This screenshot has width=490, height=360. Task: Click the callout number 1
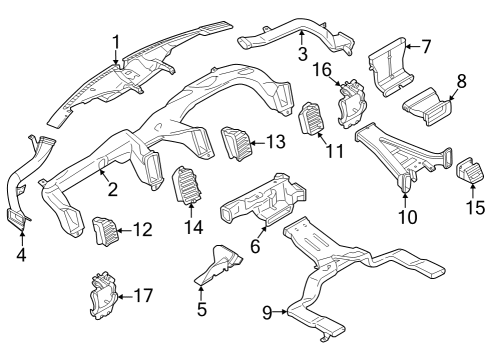(116, 41)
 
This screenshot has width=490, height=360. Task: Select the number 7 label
(425, 46)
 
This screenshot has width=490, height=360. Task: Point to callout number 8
(462, 79)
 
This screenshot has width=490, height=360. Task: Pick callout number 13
(275, 143)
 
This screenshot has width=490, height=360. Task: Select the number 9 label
(267, 312)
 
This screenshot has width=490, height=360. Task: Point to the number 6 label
(256, 244)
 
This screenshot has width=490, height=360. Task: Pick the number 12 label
(142, 229)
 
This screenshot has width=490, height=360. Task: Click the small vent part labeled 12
(105, 231)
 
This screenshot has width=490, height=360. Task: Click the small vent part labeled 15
(468, 171)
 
